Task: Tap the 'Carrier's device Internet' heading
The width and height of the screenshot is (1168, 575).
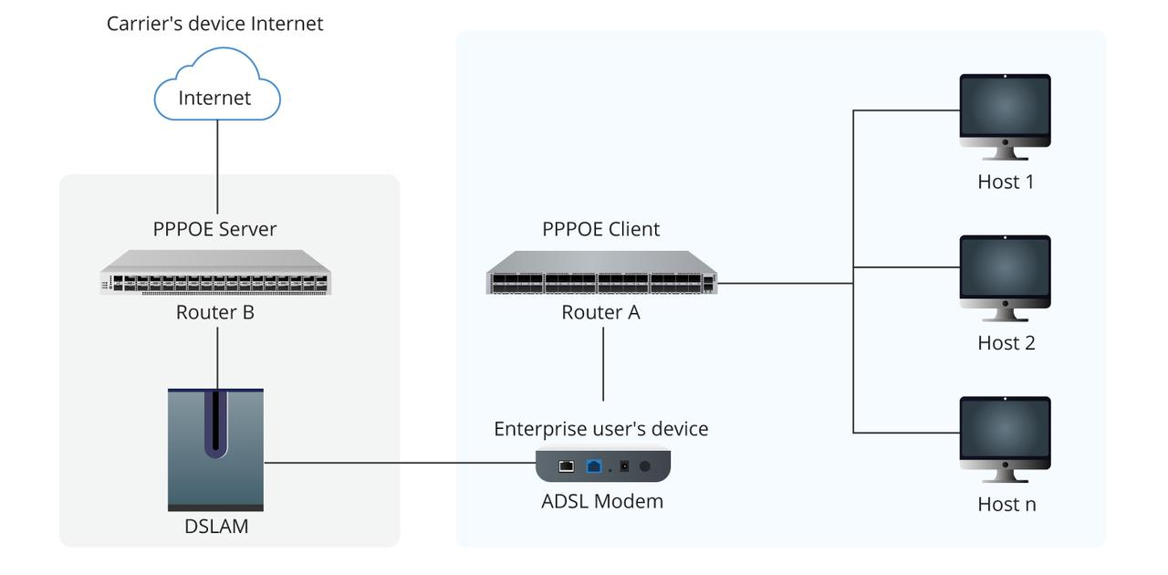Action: point(214,24)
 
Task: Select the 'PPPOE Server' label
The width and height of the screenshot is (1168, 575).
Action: point(214,229)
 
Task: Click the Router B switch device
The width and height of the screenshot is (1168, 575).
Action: point(215,272)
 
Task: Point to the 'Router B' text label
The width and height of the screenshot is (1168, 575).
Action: point(214,312)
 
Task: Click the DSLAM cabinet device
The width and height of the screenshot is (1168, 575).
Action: point(215,449)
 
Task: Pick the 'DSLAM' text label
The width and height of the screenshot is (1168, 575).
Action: point(215,526)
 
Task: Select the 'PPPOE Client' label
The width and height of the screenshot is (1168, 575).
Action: point(600,229)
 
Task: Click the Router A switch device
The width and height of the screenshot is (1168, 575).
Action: point(601,272)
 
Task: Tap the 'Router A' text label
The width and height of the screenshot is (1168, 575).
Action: point(600,312)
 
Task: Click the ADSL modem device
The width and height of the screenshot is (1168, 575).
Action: point(602,465)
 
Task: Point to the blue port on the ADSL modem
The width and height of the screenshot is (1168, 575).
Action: point(594,465)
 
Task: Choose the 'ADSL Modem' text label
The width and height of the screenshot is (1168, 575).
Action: point(602,501)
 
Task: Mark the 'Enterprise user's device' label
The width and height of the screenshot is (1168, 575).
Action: point(600,429)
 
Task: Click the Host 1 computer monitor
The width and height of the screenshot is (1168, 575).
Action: point(1005,110)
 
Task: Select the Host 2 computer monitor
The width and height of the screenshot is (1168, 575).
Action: point(1005,271)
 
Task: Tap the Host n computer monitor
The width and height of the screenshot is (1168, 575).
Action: point(1005,432)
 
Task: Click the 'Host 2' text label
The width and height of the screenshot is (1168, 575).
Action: point(1006,343)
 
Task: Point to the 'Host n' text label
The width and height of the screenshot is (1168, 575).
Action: point(1006,504)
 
